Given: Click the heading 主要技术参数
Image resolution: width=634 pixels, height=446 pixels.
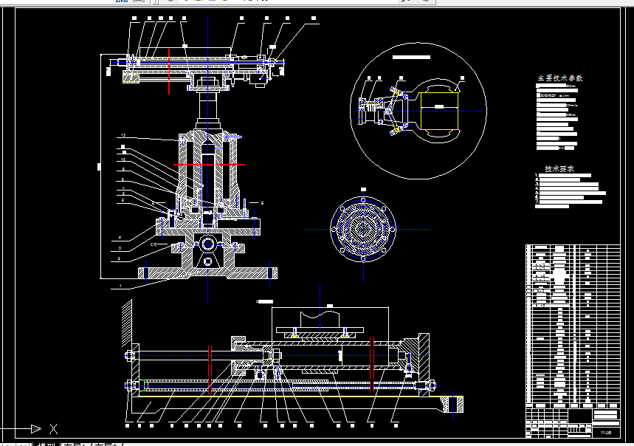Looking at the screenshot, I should [x=559, y=78].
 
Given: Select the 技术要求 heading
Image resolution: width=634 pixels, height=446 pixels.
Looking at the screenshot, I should [x=559, y=169].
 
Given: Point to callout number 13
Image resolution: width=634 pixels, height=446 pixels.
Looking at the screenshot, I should [x=123, y=136].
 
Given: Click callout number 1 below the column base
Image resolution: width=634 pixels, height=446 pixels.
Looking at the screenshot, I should [x=120, y=285].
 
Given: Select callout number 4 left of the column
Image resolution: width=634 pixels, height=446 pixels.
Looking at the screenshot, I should [x=120, y=238].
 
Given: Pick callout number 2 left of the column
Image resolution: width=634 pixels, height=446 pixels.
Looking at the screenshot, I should [x=120, y=259].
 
